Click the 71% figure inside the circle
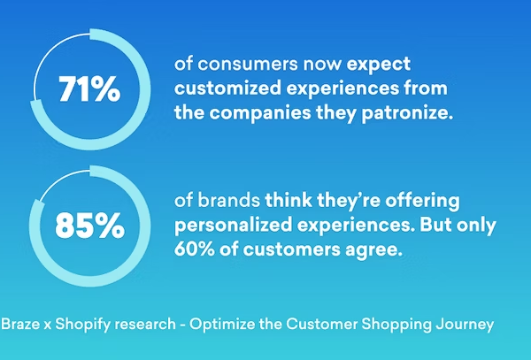click(x=89, y=89)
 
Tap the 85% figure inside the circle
click(x=89, y=226)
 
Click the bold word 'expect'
click(x=379, y=65)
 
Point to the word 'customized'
click(x=227, y=88)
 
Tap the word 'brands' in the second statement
click(x=229, y=200)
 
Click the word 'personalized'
click(x=234, y=226)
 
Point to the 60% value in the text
click(x=195, y=249)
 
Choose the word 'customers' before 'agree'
click(x=291, y=250)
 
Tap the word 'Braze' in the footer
click(x=20, y=324)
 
